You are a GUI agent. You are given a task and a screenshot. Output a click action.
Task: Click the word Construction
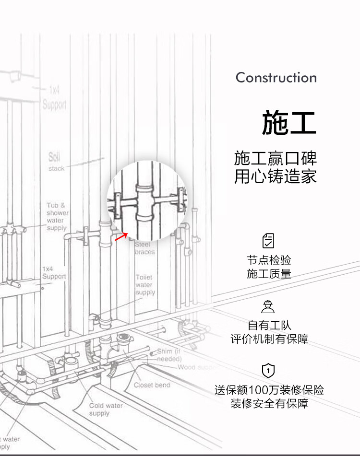[276, 78]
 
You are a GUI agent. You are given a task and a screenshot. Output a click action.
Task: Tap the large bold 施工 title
[289, 123]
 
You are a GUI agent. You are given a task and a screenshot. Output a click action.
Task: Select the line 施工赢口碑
[276, 158]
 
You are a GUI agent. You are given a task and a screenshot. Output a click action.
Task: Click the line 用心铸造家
[276, 176]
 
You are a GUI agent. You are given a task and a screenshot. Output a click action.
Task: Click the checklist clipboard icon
[269, 240]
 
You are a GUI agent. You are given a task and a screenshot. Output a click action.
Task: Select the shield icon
[268, 371]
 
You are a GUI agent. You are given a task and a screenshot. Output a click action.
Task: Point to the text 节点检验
[269, 260]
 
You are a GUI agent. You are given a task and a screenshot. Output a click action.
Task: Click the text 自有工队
[269, 326]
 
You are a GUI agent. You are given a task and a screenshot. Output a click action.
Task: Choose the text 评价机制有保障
[269, 339]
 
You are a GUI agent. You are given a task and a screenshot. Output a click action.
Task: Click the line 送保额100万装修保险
[269, 390]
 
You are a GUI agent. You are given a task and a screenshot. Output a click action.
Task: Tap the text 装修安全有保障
[269, 403]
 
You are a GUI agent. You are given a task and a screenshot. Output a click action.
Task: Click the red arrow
[121, 237]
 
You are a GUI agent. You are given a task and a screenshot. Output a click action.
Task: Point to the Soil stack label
[56, 162]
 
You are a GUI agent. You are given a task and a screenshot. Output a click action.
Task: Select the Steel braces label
[144, 248]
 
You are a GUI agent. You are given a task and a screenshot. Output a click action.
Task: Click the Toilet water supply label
[144, 285]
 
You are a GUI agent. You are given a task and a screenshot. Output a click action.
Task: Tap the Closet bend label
[152, 385]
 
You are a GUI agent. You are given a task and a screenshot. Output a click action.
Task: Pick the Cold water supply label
[106, 409]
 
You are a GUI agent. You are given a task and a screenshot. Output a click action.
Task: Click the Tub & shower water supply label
[57, 217]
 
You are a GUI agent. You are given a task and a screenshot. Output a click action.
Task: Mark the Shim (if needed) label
[169, 355]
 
